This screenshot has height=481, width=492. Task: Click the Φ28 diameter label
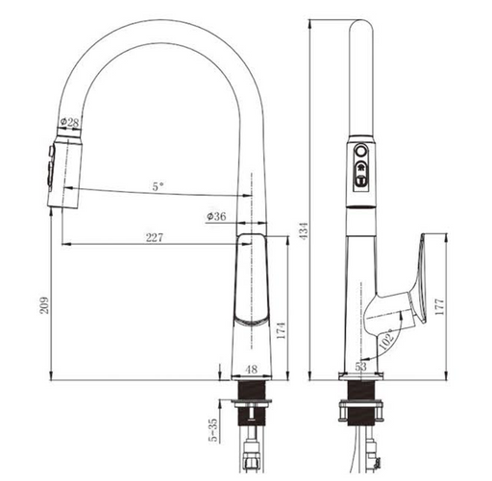tap(69, 122)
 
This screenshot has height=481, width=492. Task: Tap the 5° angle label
tap(158, 186)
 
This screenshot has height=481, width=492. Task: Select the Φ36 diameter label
tap(216, 216)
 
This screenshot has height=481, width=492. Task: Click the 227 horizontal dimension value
tap(155, 237)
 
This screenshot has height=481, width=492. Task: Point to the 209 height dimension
tap(44, 305)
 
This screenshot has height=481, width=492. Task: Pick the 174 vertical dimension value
tap(281, 331)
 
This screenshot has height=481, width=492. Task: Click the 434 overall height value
tap(304, 230)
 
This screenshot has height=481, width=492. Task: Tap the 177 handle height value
tap(439, 307)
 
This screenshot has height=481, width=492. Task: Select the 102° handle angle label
tap(386, 339)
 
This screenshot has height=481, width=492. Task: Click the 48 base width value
tap(252, 370)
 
